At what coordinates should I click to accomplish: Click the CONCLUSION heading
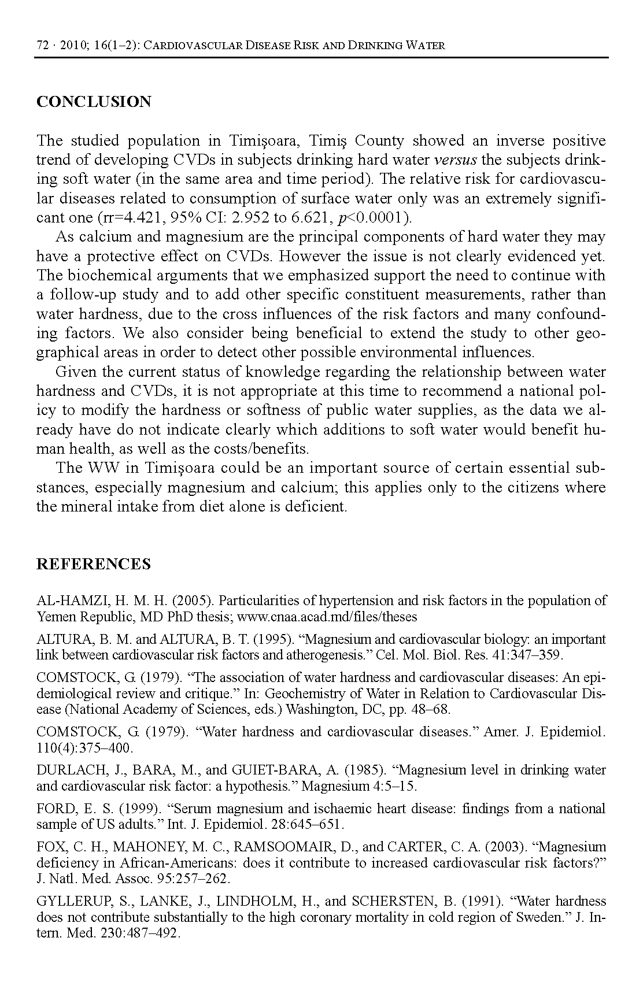coord(94,102)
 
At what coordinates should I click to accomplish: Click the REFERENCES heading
coord(94,564)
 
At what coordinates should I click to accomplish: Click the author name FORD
coord(54,809)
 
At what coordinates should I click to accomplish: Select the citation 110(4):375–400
coord(84,748)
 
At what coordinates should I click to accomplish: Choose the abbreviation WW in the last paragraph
coord(103,468)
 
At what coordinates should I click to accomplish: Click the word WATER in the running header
coord(426,46)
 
